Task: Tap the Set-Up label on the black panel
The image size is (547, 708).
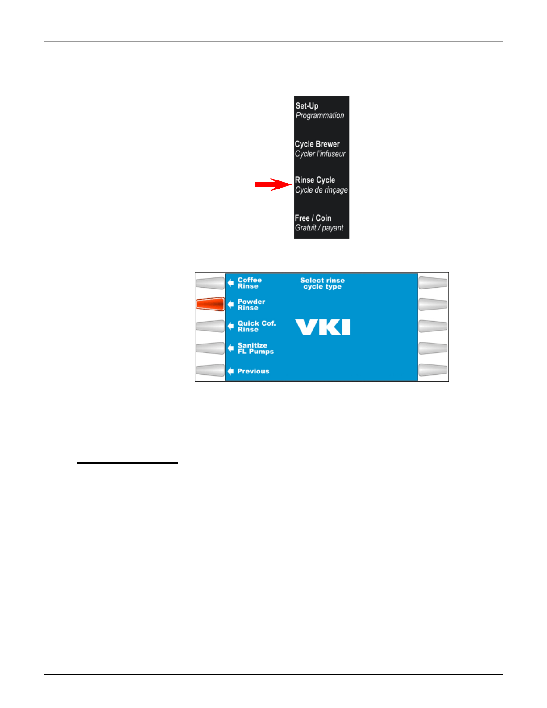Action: [x=307, y=106]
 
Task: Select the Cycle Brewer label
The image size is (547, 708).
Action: [x=317, y=144]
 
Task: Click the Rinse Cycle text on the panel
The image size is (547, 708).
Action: [x=315, y=180]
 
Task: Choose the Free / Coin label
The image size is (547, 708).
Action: [x=313, y=218]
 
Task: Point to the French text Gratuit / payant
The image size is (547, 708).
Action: [x=319, y=228]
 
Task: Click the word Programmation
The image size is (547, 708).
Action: [x=320, y=116]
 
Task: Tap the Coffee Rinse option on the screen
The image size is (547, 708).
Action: [x=249, y=283]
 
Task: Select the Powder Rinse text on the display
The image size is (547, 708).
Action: [x=251, y=305]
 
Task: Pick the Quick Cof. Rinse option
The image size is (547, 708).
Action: [x=256, y=327]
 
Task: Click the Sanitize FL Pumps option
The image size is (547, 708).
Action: [x=255, y=348]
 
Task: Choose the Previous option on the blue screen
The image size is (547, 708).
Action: [x=253, y=371]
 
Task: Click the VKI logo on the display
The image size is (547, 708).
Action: [x=322, y=327]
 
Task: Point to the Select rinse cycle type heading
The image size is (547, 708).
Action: [x=322, y=283]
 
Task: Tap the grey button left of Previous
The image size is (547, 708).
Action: [x=210, y=370]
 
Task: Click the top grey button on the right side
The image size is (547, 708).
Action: [x=433, y=283]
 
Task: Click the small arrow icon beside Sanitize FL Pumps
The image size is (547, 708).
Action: [x=230, y=348]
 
